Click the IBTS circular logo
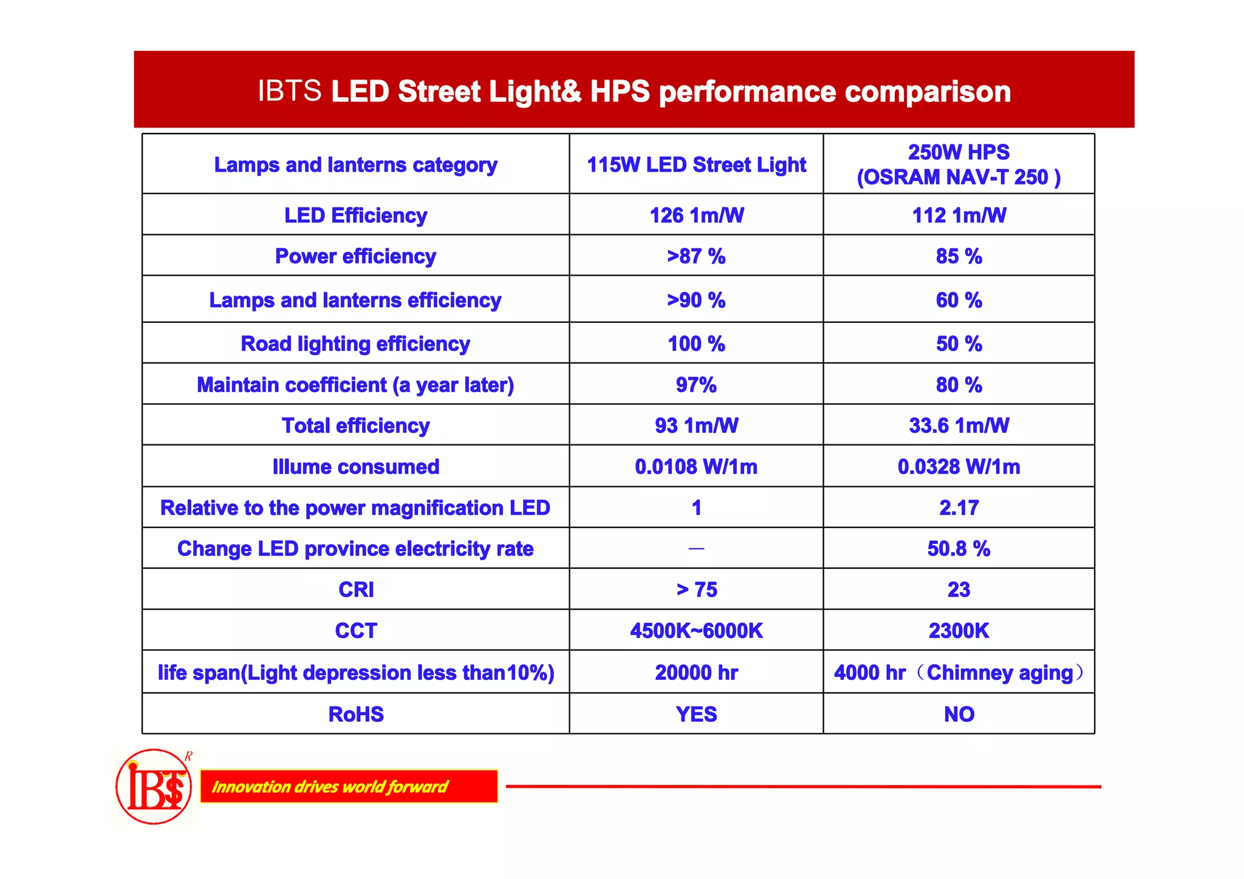coord(154,787)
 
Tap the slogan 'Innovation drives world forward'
coord(330,787)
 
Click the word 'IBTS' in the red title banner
coord(290,91)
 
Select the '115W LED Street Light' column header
coord(696,165)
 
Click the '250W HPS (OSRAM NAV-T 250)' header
coord(959,165)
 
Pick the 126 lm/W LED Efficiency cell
coord(696,216)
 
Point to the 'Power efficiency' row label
coord(355,256)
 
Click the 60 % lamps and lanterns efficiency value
coord(959,300)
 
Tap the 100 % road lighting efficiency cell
coord(696,344)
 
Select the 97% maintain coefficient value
coord(696,385)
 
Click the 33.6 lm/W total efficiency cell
coord(959,426)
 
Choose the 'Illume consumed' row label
coord(355,467)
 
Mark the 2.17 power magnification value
coord(959,507)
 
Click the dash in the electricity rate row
coord(696,549)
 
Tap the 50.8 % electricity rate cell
coord(959,549)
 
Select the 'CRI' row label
coord(355,589)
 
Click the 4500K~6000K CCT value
coord(696,631)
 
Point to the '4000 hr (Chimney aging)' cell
coord(959,673)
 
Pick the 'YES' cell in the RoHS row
coord(696,714)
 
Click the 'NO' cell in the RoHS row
coord(959,714)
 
